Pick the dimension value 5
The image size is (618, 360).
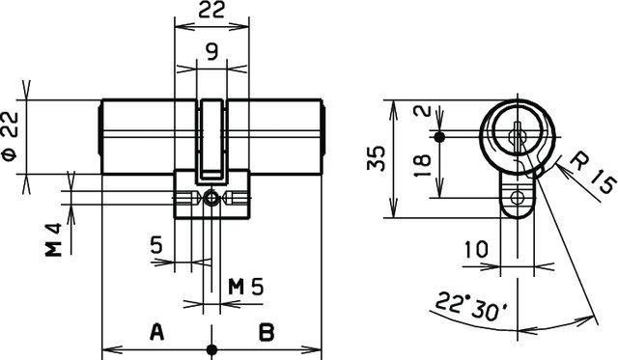(155, 244)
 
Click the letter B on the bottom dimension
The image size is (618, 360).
(267, 333)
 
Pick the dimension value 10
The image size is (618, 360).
(475, 250)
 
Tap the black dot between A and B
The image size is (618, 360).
(211, 348)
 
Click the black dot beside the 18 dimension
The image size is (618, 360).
(439, 137)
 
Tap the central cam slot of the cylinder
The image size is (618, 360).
(211, 140)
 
